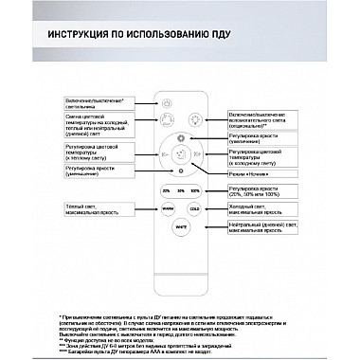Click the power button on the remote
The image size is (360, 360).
coord(168,103)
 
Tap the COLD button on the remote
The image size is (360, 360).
coord(194,208)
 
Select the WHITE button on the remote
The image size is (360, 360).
coord(181,227)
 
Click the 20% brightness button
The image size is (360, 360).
coord(167,190)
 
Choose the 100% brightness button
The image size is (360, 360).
coord(194,190)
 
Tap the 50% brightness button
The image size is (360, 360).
coord(181,190)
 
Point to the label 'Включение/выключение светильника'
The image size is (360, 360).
coord(95,101)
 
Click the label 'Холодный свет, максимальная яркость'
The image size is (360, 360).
coord(256,208)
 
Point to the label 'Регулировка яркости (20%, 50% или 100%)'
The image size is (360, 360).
coord(257,191)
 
